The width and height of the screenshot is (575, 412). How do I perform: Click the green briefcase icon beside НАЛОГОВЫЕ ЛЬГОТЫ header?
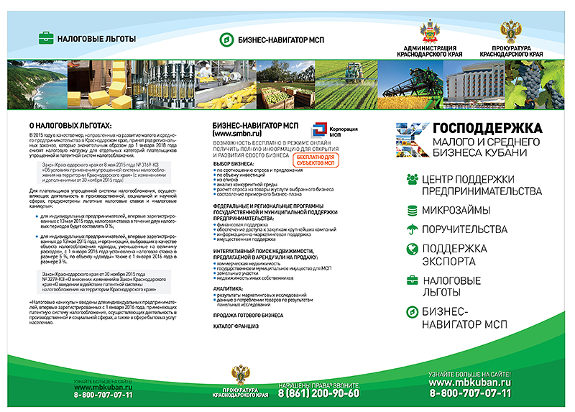pyautogui.click(x=45, y=37)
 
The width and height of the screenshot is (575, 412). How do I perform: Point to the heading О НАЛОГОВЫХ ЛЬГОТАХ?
pyautogui.click(x=60, y=125)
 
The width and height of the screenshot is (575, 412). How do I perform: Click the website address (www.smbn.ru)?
pyautogui.click(x=237, y=134)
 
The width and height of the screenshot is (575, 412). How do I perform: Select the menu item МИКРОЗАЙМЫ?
pyautogui.click(x=456, y=210)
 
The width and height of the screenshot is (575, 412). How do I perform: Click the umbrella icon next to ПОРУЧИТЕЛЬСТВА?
pyautogui.click(x=412, y=229)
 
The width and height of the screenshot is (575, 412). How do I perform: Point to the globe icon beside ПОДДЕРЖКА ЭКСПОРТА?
pyautogui.click(x=412, y=249)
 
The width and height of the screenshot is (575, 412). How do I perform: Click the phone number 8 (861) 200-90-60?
pyautogui.click(x=318, y=393)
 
